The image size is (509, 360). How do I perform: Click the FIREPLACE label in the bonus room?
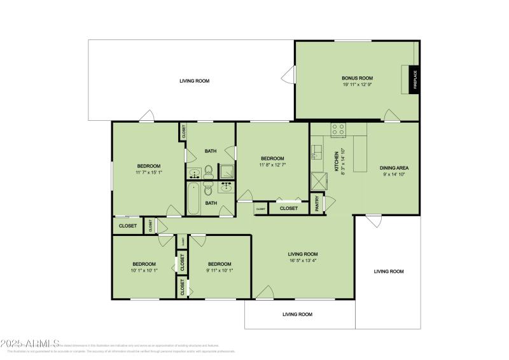(414, 80)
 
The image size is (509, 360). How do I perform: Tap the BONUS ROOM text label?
(357, 78)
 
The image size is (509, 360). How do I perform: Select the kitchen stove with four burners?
(338, 130)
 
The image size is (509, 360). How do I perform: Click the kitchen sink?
(316, 152)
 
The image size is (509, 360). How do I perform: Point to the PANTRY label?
(317, 204)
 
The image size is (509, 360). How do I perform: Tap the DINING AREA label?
(394, 168)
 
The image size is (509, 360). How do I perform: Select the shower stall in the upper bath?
(226, 171)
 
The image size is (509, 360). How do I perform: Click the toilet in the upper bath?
(208, 170)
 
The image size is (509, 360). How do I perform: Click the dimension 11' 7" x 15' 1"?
(148, 172)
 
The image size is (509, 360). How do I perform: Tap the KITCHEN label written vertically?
(337, 161)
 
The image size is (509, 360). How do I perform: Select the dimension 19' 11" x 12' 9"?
(357, 84)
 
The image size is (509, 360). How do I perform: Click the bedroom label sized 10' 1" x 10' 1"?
(144, 264)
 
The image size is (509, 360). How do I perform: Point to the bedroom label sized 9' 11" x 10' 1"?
(219, 264)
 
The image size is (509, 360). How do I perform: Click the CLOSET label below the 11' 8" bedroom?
(288, 208)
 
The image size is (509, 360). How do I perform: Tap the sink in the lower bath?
(226, 186)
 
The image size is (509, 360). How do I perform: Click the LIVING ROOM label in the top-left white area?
(194, 81)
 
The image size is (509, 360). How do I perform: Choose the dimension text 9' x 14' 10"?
(394, 174)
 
